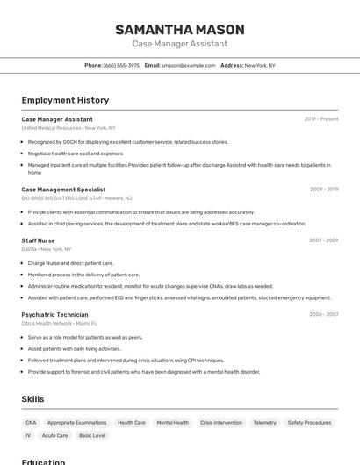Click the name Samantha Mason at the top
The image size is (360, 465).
(179, 30)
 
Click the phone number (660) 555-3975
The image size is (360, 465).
(121, 65)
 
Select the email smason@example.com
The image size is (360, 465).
(188, 65)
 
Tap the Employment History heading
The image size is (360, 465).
(65, 100)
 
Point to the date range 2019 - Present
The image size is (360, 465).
(320, 119)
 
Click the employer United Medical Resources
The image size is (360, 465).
(51, 128)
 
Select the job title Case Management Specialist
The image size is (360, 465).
(63, 190)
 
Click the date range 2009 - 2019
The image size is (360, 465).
(323, 190)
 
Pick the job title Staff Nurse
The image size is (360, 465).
(38, 240)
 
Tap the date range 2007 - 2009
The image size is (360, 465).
(323, 240)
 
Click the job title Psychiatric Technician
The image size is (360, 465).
(54, 314)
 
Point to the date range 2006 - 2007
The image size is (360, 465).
(323, 314)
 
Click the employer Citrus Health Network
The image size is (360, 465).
(47, 323)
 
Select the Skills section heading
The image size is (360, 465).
(32, 399)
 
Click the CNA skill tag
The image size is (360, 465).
(31, 423)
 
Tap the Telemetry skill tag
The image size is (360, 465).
(264, 423)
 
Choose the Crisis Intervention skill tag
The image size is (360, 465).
(220, 423)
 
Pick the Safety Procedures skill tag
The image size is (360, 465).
(309, 423)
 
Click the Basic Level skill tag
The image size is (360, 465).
(92, 435)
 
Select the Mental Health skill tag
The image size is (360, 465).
(172, 423)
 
